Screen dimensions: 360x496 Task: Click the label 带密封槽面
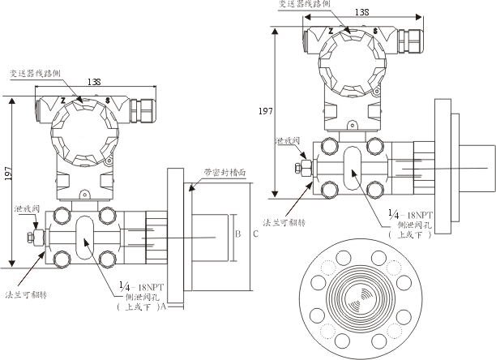(224, 172)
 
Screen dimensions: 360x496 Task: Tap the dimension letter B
(237, 234)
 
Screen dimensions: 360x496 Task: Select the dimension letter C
(255, 234)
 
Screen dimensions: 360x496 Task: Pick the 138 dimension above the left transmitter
(94, 83)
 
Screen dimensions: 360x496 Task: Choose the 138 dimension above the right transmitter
(362, 12)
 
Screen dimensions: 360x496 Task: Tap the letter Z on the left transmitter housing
(62, 101)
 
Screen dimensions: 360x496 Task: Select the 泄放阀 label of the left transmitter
(25, 210)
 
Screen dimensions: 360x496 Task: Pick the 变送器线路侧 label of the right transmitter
(304, 4)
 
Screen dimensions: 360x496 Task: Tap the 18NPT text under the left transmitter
(148, 286)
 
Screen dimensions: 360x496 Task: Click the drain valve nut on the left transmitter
(30, 238)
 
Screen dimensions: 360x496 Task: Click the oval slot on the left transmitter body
(85, 238)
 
